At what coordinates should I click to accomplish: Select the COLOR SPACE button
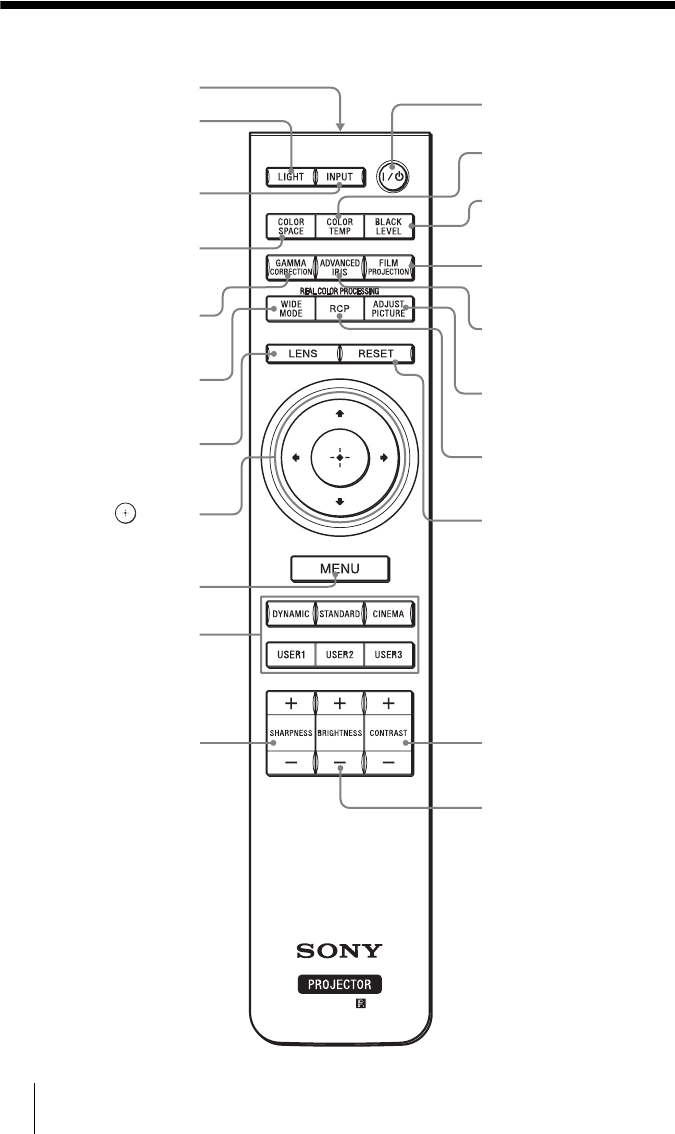pos(290,226)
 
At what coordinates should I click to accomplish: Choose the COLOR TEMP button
pos(339,226)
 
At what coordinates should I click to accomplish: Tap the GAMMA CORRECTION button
pos(290,268)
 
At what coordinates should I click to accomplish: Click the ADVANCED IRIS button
pos(339,268)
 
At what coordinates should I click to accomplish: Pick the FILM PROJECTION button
pos(388,268)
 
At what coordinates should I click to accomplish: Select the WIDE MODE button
pos(290,310)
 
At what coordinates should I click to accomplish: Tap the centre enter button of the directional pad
pos(339,456)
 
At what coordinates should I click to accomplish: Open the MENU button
pos(339,569)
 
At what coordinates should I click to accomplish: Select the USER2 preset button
pos(339,655)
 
